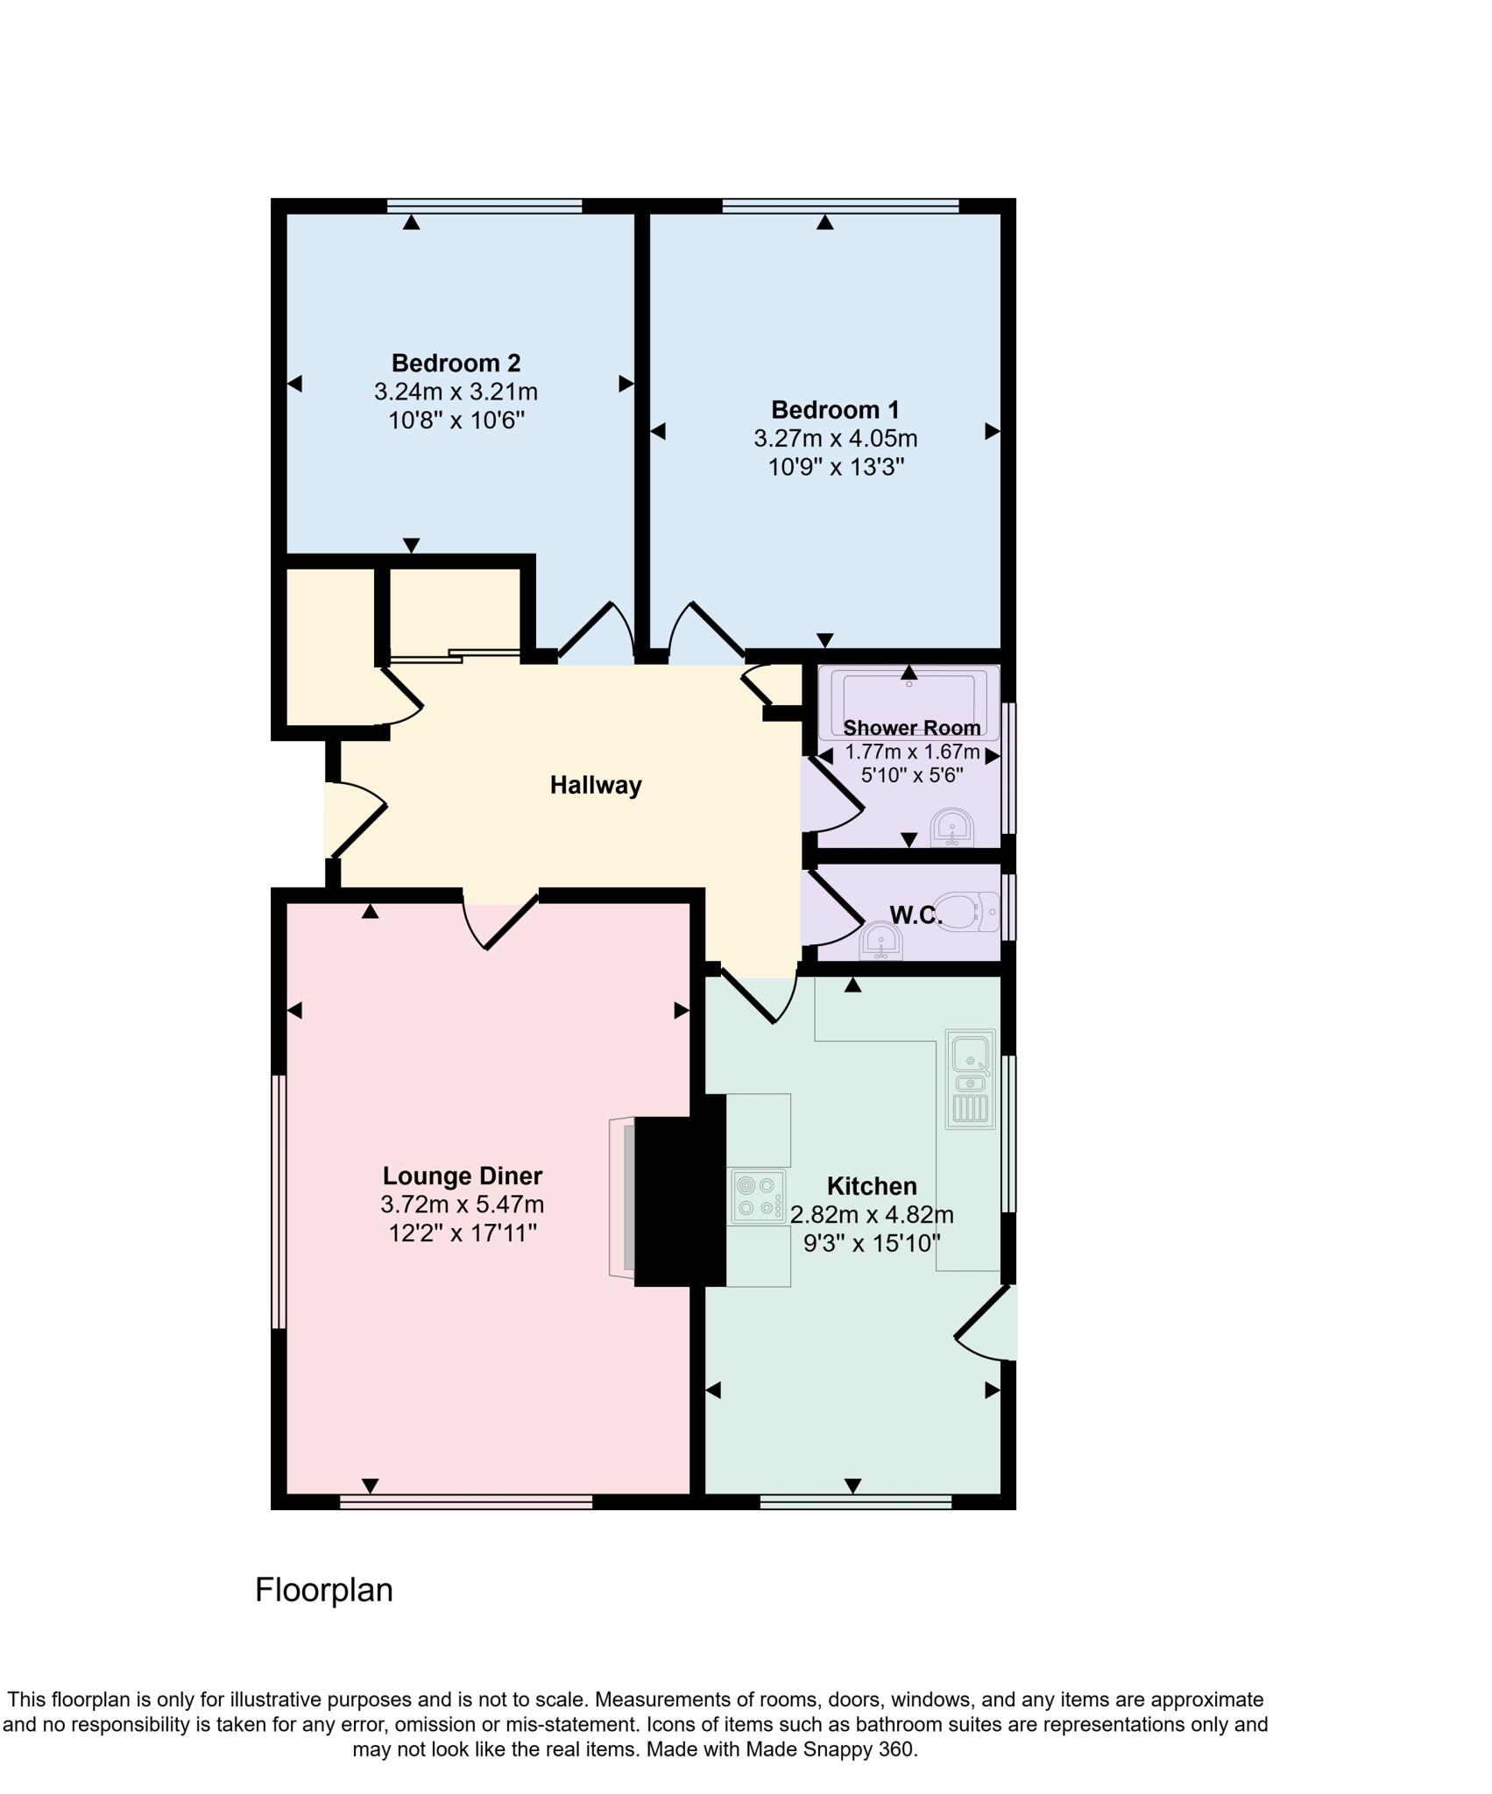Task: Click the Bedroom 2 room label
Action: [x=456, y=363]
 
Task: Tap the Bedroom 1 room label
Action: [x=835, y=410]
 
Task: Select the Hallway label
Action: [x=596, y=785]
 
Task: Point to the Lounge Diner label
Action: [x=463, y=1176]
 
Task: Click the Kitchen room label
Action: [x=872, y=1186]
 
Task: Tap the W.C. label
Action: [x=915, y=915]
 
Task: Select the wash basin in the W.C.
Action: [x=880, y=942]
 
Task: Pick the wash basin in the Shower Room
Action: [x=952, y=827]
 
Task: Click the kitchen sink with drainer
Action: [x=971, y=1079]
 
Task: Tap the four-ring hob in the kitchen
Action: [x=759, y=1197]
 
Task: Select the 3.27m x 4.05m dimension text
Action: [x=835, y=438]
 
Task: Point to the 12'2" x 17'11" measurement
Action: [x=463, y=1233]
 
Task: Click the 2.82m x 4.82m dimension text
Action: [x=872, y=1215]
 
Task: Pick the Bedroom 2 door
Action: [x=596, y=631]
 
